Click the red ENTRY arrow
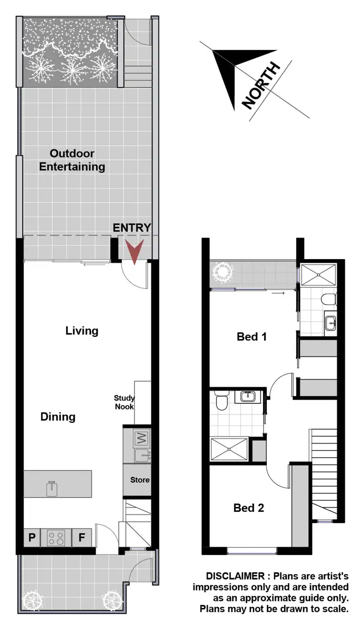135,252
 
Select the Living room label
82,331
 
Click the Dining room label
58,416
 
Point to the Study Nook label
124,402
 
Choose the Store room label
140,480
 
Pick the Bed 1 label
252,337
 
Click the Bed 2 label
249,508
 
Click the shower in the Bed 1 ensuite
320,275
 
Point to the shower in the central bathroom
229,450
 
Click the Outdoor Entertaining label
72,160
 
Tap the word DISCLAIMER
235,576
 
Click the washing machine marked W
142,438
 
